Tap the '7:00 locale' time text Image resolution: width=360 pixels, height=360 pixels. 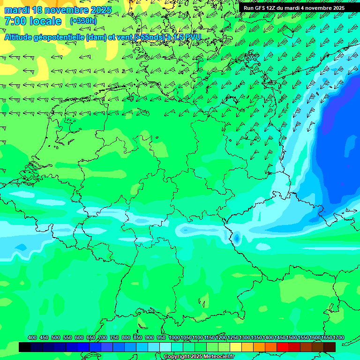pos(33,21)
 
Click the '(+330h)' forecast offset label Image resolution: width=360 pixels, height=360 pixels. pos(83,21)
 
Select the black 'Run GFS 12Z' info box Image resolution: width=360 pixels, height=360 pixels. pos(294,8)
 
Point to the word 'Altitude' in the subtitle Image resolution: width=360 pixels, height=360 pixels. pos(22,37)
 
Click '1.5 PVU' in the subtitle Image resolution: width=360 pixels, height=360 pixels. pos(187,37)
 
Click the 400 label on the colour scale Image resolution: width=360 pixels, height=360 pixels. pos(32,337)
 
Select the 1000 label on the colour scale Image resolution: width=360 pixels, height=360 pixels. pos(174,337)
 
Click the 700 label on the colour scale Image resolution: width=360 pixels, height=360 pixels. pos(103,337)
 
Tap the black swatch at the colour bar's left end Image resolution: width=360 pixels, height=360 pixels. pos(25,347)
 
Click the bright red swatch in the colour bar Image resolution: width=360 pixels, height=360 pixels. pos(283,347)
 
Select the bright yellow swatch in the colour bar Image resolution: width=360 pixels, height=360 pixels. pos(236,347)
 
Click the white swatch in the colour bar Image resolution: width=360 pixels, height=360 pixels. pos(165,347)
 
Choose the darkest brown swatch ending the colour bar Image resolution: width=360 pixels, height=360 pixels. pos(330,347)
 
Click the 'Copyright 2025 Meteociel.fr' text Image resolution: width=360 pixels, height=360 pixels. pos(198,356)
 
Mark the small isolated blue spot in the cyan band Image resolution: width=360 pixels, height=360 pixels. pos(237,239)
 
